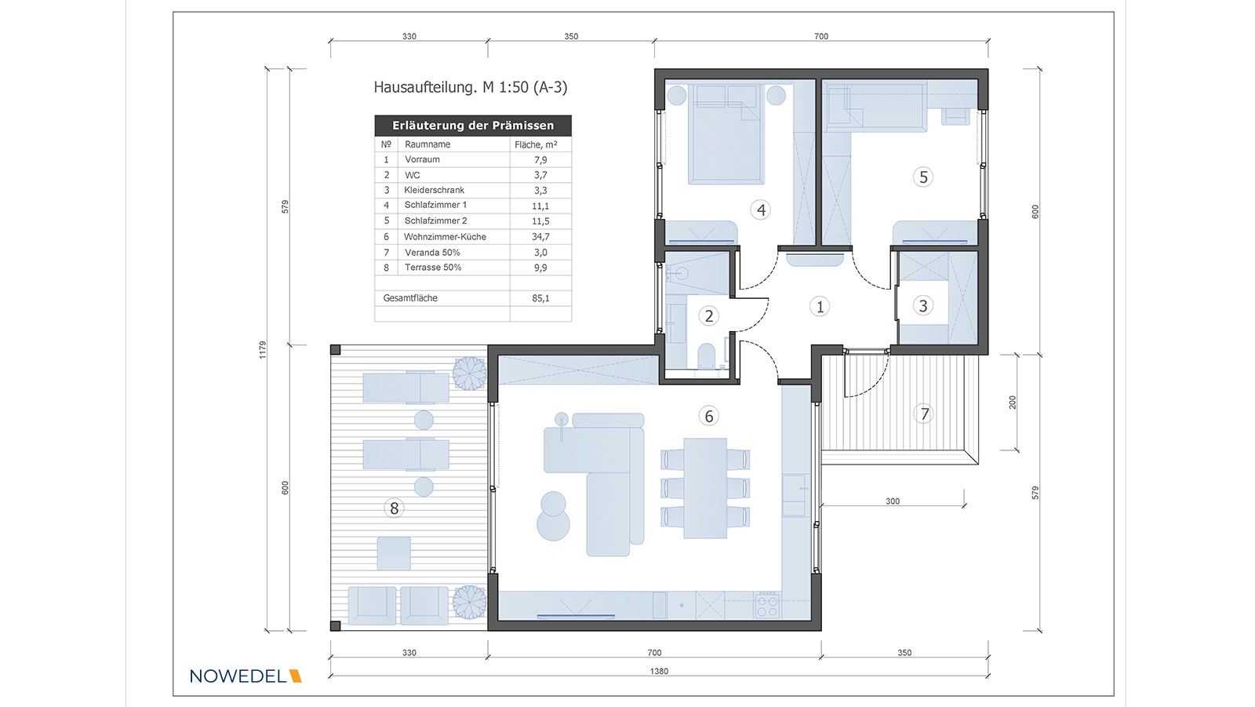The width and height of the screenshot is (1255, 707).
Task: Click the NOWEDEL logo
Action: [x=246, y=676]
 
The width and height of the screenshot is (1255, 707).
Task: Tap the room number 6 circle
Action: [x=709, y=416]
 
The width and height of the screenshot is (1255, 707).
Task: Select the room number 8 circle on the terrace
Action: [x=394, y=508]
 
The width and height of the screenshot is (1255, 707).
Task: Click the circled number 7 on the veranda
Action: [x=924, y=414]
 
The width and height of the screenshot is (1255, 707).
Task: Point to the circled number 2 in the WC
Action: [x=709, y=316]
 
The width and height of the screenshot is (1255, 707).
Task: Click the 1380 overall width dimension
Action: [x=659, y=671]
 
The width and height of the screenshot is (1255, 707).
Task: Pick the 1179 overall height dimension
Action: [x=262, y=350]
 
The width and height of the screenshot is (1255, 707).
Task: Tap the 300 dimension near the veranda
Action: [x=893, y=501]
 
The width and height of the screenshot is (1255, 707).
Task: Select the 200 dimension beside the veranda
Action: [x=1013, y=402]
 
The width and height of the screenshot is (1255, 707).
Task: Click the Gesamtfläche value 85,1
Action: [x=540, y=298]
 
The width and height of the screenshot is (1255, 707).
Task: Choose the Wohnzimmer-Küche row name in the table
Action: [x=445, y=237]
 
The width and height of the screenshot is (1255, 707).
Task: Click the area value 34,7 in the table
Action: [x=540, y=237]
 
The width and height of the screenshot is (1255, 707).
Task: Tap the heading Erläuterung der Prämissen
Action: [x=473, y=126]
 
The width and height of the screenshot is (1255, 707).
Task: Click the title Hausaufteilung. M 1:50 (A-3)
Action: [x=471, y=87]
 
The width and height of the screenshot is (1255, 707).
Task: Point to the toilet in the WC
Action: [x=707, y=356]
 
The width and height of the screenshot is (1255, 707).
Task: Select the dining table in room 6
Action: [x=705, y=488]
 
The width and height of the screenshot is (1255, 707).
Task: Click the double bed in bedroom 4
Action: [x=726, y=134]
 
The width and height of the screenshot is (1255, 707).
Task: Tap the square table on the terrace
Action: [x=394, y=553]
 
